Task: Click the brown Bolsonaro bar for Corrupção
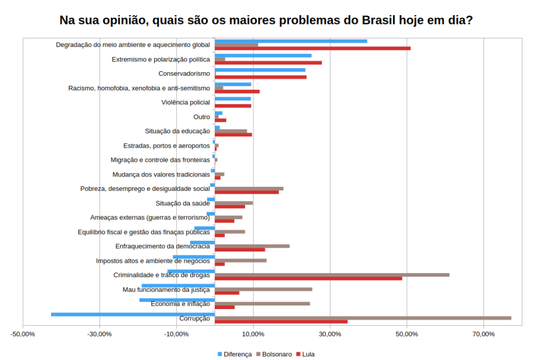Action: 363,318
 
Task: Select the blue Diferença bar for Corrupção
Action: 133,315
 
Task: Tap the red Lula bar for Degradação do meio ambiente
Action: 313,48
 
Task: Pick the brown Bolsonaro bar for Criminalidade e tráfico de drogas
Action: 332,275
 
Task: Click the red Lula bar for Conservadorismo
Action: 261,77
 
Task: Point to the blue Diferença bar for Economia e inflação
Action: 177,300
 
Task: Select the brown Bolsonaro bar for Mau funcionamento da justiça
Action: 263,289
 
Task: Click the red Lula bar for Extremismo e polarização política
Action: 268,63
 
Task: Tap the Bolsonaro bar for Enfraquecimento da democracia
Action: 252,246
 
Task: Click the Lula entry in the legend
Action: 306,354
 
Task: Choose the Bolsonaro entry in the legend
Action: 274,354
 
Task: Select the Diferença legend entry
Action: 235,354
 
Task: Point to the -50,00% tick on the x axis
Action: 23,334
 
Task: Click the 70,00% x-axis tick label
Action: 484,334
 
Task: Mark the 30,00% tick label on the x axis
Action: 329,334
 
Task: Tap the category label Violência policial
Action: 186,102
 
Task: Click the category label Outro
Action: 201,117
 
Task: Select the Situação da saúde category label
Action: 183,203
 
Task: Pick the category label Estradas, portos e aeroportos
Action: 167,146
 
